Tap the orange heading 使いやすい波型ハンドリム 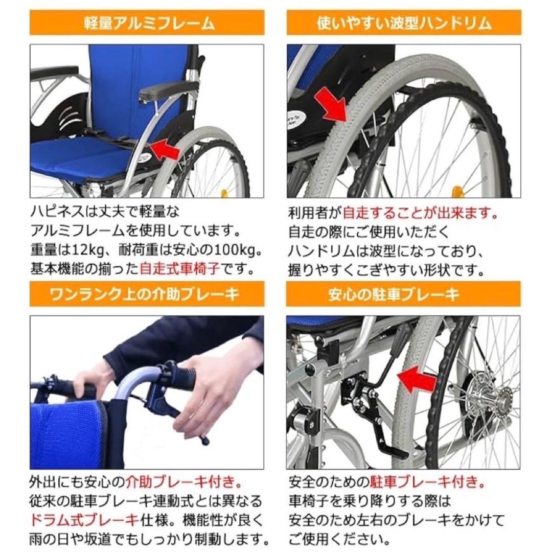404,24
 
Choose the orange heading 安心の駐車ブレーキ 404,295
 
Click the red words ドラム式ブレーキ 85,520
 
